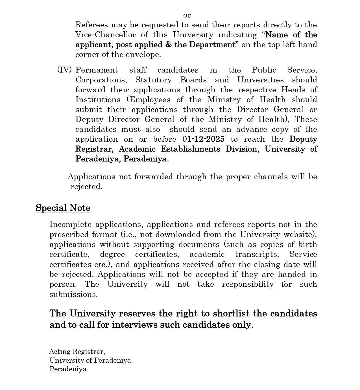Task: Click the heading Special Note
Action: pos(63,208)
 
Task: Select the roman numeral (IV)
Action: pos(64,70)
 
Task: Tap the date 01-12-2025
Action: pos(203,139)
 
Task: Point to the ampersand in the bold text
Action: pos(169,45)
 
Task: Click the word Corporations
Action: pos(101,80)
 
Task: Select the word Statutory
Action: pos(153,80)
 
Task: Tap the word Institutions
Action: pos(98,100)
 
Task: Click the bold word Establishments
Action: pos(190,149)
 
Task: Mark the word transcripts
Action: pos(257,254)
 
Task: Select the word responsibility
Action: pos(248,284)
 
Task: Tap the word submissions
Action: pos(73,294)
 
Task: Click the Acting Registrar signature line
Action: pos(77,352)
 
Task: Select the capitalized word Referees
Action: pos(91,25)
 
